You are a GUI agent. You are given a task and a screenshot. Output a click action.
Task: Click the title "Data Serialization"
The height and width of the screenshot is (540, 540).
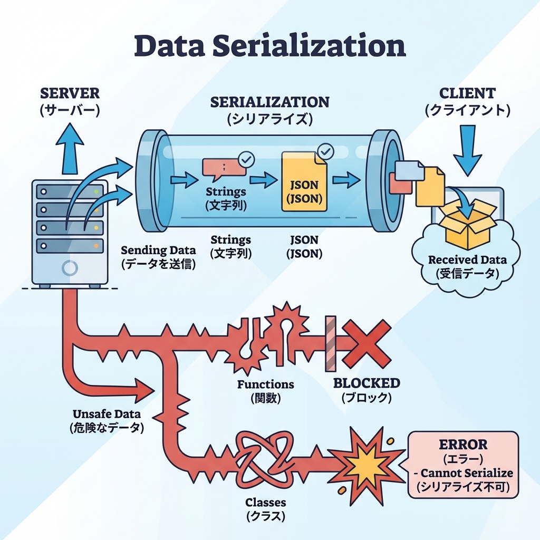coord(270,46)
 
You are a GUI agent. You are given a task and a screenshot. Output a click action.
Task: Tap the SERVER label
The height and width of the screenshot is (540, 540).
coord(70,94)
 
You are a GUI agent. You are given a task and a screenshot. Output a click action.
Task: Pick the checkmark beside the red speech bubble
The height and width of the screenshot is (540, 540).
coord(246,158)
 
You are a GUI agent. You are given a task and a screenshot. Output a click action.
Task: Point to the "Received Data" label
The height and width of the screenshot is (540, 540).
coord(467,259)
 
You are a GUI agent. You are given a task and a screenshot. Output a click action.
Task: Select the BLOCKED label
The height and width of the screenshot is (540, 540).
coord(367,383)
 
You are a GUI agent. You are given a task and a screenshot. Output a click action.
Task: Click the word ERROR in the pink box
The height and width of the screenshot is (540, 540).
coord(464,444)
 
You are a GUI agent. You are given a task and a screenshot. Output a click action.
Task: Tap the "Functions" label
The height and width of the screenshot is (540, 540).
coord(265,384)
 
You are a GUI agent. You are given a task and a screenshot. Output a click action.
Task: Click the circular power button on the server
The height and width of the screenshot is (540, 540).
coord(70,268)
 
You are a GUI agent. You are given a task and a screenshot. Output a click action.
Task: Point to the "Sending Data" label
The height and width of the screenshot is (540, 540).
coord(158,250)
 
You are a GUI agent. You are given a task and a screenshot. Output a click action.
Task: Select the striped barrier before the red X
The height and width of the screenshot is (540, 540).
coord(331,343)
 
